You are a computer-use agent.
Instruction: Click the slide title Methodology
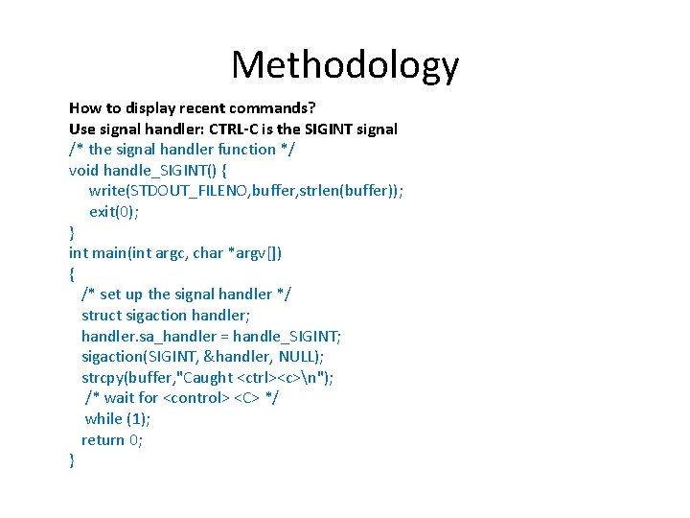pyautogui.click(x=345, y=65)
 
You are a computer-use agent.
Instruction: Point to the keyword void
pyautogui.click(x=83, y=170)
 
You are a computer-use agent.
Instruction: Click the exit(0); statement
pyautogui.click(x=114, y=211)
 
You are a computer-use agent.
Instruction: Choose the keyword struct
pyautogui.click(x=103, y=316)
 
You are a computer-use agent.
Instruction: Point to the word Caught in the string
pyautogui.click(x=206, y=377)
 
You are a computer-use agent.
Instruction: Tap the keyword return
pyautogui.click(x=103, y=440)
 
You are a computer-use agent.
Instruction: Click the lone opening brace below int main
pyautogui.click(x=72, y=274)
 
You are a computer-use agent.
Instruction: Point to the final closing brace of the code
pyautogui.click(x=72, y=460)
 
